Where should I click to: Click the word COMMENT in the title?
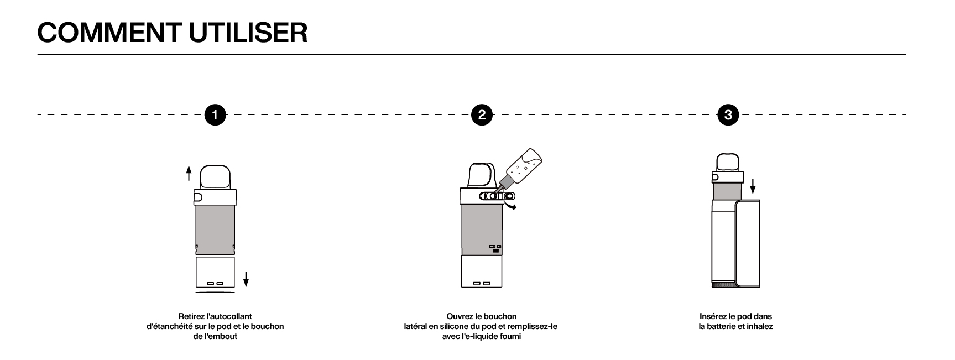tap(109, 33)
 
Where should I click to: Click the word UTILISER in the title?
tap(248, 33)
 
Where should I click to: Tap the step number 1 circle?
tap(215, 115)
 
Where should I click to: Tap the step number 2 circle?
tap(482, 115)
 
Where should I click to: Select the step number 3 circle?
tap(728, 115)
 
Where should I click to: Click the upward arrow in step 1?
tap(189, 173)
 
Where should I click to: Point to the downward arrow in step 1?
tap(246, 279)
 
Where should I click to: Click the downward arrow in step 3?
tap(753, 187)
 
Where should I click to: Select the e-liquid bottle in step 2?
tap(520, 168)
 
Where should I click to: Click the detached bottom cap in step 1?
tap(216, 272)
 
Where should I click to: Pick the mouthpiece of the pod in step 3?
tap(728, 161)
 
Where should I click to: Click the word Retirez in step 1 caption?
tap(191, 316)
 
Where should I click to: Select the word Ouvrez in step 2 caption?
tap(460, 316)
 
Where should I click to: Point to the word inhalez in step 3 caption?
tap(760, 326)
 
